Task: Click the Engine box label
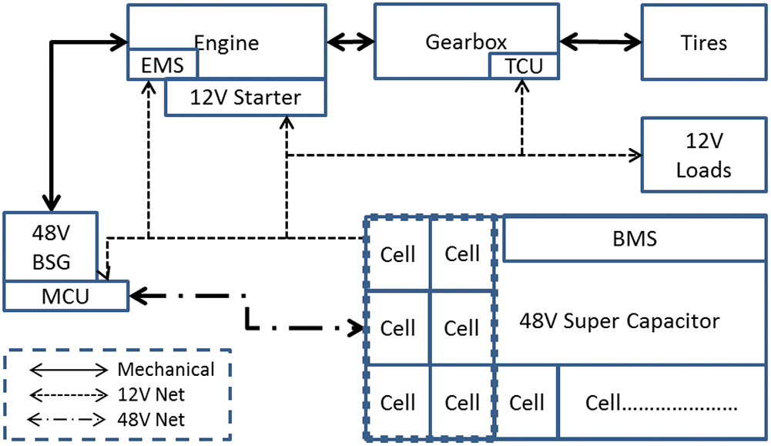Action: click(x=226, y=42)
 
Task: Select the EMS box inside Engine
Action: click(x=163, y=65)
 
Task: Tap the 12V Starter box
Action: click(x=234, y=98)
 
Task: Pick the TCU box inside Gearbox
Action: click(x=524, y=66)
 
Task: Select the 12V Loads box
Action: click(x=703, y=155)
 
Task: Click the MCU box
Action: click(x=65, y=295)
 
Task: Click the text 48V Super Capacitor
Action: click(x=620, y=320)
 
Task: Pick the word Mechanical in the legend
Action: click(x=166, y=370)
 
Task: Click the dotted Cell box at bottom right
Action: click(x=662, y=402)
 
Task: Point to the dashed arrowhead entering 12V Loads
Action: click(x=635, y=155)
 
